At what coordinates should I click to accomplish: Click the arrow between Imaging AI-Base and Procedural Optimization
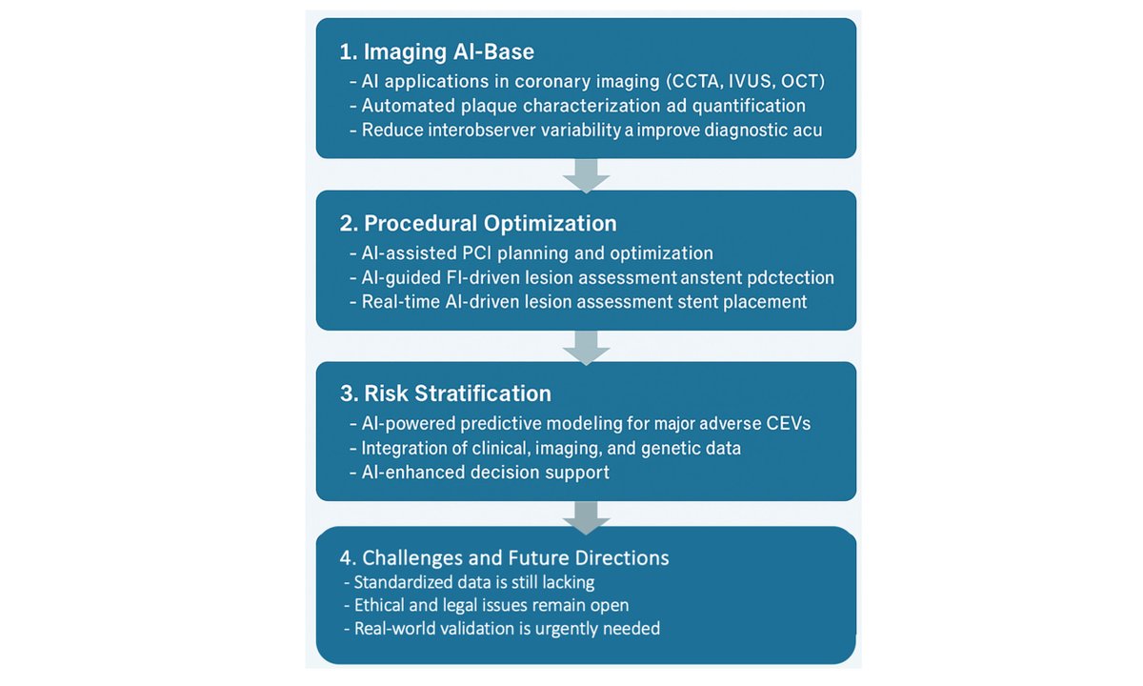pyautogui.click(x=586, y=174)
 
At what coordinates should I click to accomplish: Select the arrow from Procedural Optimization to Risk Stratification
pyautogui.click(x=586, y=346)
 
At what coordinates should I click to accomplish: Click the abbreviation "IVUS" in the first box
pyautogui.click(x=725, y=82)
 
